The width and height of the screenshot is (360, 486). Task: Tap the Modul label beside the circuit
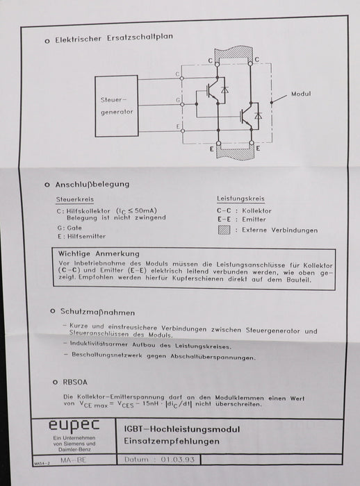[x=300, y=94]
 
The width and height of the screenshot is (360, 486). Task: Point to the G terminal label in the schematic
[x=178, y=100]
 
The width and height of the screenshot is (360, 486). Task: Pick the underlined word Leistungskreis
[x=239, y=199]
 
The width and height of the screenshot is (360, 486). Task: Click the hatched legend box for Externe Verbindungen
[x=223, y=229]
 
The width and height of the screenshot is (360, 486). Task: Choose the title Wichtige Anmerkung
[x=99, y=254]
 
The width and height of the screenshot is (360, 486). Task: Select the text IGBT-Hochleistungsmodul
[x=186, y=428]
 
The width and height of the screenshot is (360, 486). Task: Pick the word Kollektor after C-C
[x=257, y=210]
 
